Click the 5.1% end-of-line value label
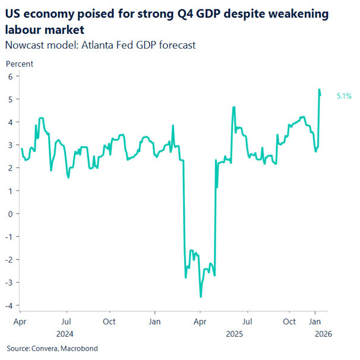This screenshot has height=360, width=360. coord(344,95)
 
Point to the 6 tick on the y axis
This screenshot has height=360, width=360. coord(10,76)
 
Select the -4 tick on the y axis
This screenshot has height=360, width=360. coord(9,305)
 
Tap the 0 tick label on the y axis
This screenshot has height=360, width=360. coord(10,214)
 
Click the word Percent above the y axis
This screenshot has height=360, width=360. coord(19,64)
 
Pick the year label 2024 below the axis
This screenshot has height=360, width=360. coord(66,333)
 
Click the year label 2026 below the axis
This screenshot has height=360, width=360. coord(315,333)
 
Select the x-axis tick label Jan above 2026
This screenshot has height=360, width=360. coord(315,321)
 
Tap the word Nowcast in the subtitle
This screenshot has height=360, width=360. coord(23,45)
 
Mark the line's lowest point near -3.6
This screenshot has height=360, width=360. coord(201,296)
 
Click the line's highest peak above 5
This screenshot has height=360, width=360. coord(319,90)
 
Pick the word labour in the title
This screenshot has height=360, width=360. coord(23,29)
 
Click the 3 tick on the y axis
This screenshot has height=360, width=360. coord(10,145)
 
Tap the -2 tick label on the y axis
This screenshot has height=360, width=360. coord(9,260)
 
